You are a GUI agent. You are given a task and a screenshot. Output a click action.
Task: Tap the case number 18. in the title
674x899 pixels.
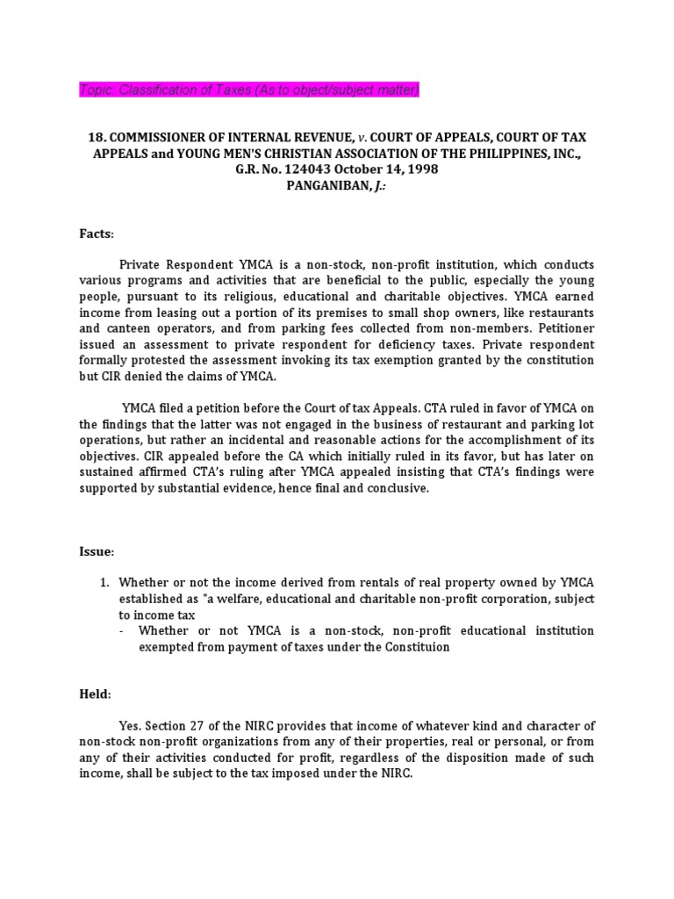pyautogui.click(x=97, y=137)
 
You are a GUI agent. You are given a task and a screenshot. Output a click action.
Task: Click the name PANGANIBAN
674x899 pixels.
pyautogui.click(x=314, y=184)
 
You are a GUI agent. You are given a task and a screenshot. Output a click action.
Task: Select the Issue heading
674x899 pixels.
pyautogui.click(x=97, y=551)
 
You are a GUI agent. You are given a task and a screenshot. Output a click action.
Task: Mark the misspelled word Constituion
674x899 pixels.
pyautogui.click(x=418, y=646)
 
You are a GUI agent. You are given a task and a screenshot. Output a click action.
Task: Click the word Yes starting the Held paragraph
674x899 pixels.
pyautogui.click(x=130, y=725)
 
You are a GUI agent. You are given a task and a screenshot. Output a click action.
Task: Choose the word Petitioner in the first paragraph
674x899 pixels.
pyautogui.click(x=562, y=328)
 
